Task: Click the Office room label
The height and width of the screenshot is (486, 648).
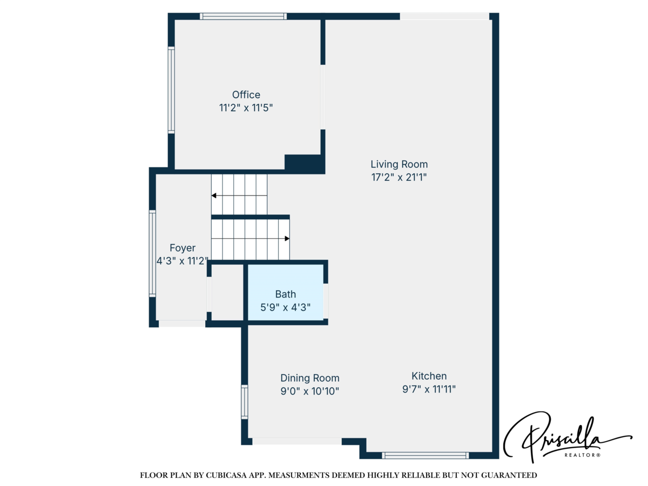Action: coord(246,95)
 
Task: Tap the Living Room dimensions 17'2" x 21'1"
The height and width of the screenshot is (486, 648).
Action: coord(399,177)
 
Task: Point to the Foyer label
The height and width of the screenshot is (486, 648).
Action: coord(182,248)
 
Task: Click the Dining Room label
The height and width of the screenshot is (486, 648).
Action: coord(309,378)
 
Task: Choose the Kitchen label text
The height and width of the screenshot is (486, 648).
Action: coord(429,376)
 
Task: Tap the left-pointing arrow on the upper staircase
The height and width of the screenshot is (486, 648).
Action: coord(214,195)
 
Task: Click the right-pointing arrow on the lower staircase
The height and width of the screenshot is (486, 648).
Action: coord(287,238)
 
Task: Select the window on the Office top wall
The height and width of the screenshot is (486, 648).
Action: coord(243,16)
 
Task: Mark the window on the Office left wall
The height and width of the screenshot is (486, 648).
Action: coord(171,90)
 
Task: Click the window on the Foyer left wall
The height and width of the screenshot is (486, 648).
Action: coord(153,253)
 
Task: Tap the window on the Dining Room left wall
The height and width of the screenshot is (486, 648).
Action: coord(245,402)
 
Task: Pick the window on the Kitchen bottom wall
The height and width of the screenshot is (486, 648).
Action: coord(425,455)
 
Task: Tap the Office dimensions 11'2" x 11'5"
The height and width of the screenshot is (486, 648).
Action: coord(246,108)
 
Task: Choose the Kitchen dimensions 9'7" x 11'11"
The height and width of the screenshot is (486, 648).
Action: coord(429,389)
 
